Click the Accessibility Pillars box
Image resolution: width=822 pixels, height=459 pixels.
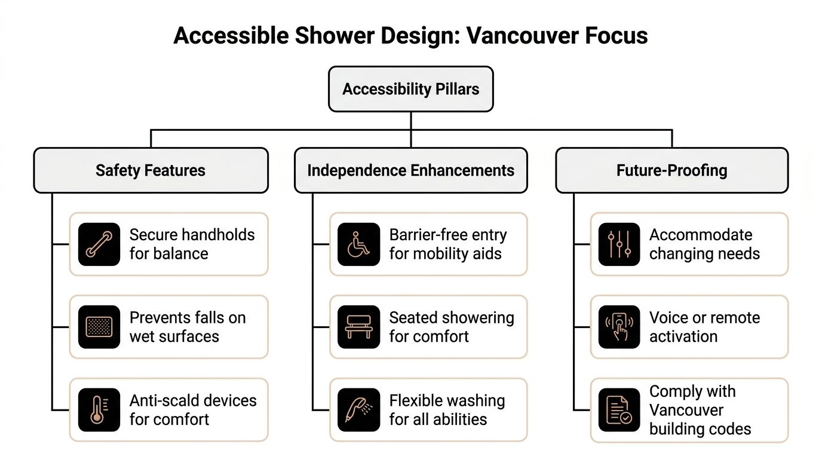pos(411,90)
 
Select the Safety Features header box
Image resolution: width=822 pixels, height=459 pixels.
pos(151,170)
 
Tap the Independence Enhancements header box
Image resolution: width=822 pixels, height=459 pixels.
pos(411,170)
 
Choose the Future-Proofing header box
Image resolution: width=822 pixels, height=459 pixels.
pos(671,170)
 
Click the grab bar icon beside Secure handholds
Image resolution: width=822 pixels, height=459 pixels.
pos(99,244)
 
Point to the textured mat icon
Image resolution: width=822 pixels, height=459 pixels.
pos(99,327)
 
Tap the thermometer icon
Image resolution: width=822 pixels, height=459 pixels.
pos(99,410)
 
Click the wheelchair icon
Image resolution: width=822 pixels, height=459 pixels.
pos(359,244)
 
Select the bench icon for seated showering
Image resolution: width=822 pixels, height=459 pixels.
pos(359,327)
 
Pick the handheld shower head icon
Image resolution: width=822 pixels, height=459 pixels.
pos(359,410)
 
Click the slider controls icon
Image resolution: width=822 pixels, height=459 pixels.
pos(619,244)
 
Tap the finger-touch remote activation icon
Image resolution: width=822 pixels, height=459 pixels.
pos(619,327)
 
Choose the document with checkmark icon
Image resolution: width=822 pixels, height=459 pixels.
pos(619,410)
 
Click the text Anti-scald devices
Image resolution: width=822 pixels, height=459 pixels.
pos(193,400)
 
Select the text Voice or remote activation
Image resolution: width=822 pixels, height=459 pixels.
pos(704,327)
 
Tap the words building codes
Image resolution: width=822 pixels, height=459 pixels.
pos(700,429)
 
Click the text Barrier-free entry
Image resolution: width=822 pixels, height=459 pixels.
pos(448,235)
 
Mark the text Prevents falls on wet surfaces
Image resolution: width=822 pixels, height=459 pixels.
pos(188,327)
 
